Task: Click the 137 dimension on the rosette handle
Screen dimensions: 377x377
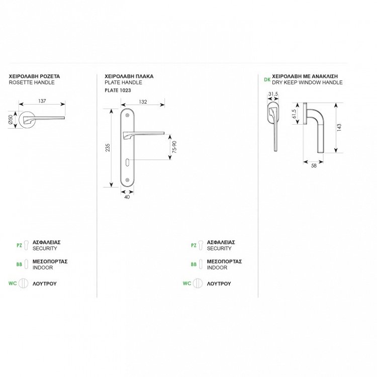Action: click(42, 101)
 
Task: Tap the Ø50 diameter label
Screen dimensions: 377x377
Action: click(11, 119)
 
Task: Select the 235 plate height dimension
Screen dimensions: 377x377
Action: click(108, 147)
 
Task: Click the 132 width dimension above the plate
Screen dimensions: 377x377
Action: click(143, 102)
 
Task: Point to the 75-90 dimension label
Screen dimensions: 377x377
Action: click(174, 147)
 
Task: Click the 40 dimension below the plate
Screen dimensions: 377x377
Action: click(127, 197)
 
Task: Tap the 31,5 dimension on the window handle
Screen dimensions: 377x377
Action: click(273, 94)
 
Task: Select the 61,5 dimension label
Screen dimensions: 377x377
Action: click(294, 114)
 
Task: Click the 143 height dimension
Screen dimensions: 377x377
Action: click(339, 127)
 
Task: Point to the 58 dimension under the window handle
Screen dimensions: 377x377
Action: click(314, 165)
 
